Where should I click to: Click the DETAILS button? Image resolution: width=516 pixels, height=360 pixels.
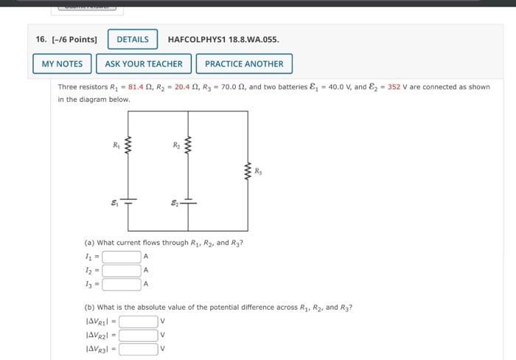click(133, 39)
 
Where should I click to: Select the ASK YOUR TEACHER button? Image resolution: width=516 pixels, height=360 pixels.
click(143, 64)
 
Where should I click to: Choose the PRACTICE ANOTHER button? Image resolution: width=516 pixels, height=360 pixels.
click(244, 64)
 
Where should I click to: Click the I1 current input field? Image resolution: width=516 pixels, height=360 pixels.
click(122, 257)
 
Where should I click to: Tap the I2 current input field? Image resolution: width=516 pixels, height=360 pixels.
click(122, 270)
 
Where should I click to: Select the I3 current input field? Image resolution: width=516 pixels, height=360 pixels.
click(122, 283)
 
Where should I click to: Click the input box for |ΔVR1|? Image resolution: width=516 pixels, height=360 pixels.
click(139, 322)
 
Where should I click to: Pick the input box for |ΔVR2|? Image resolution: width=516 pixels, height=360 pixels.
click(139, 335)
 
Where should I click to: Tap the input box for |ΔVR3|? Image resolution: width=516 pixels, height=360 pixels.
click(139, 348)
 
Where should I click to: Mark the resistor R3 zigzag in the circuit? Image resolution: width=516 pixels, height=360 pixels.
click(248, 173)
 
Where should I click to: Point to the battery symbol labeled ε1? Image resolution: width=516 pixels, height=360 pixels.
click(129, 200)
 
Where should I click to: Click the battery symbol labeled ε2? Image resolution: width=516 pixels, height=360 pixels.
click(189, 200)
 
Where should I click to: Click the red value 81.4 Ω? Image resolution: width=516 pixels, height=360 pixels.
click(141, 87)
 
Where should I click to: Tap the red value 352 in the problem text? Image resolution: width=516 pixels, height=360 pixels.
click(394, 87)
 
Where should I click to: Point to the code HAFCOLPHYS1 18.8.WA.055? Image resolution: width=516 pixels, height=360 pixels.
click(223, 39)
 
